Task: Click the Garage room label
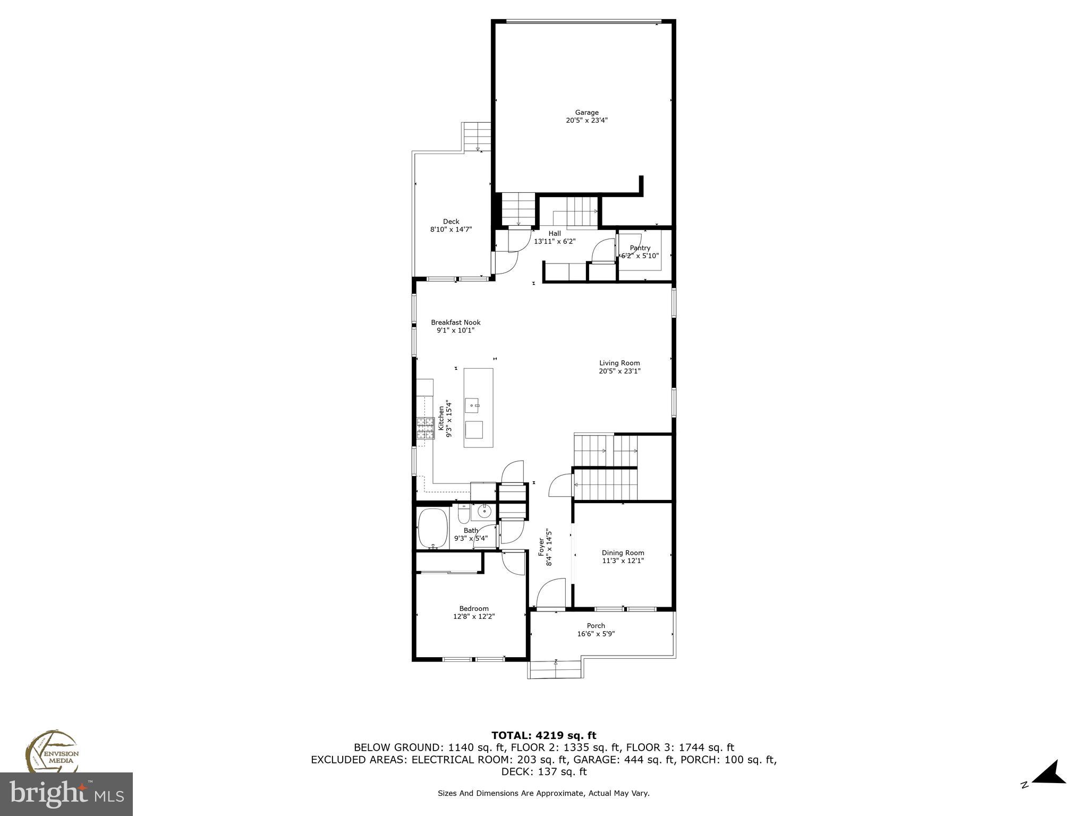tap(586, 113)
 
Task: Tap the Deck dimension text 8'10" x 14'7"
tap(451, 229)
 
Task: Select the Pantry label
tap(640, 248)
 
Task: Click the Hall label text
tap(555, 233)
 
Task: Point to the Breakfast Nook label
tap(455, 322)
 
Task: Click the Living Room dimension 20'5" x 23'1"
tap(619, 371)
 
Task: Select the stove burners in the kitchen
tap(425, 429)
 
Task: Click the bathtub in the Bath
tap(433, 529)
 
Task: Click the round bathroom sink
tap(484, 512)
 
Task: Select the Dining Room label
tap(623, 553)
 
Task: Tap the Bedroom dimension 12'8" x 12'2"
tap(474, 617)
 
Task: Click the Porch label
tap(596, 626)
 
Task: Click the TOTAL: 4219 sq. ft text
tap(543, 736)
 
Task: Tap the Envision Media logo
tap(52, 752)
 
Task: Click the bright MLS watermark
tap(66, 794)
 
